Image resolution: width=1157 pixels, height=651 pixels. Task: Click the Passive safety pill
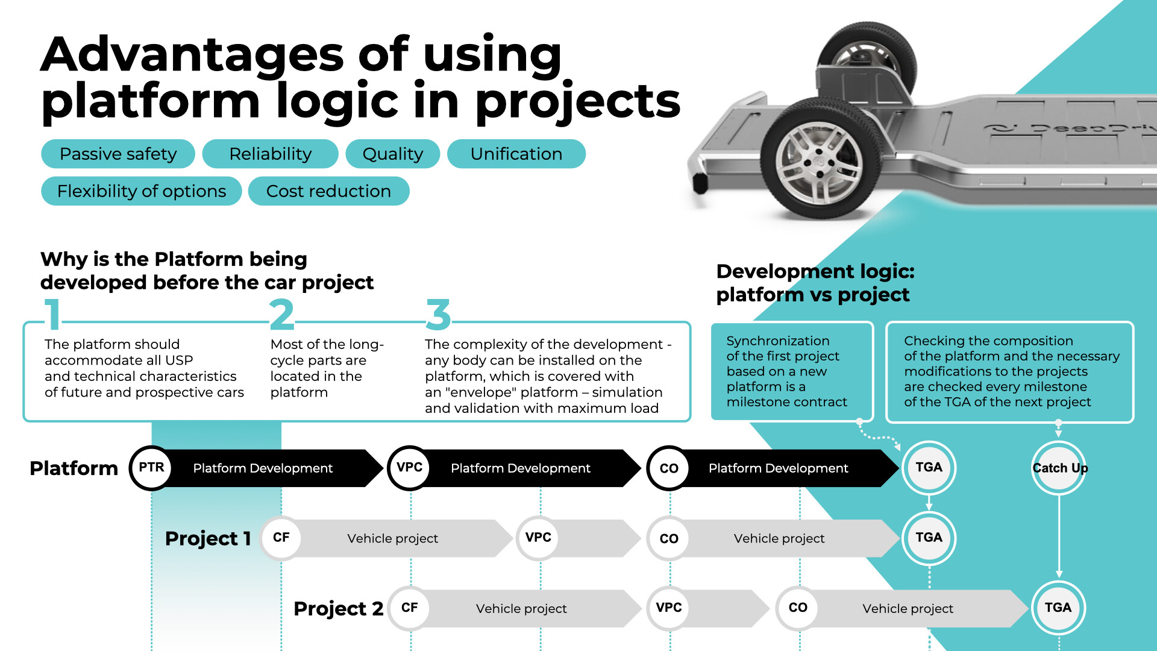click(118, 154)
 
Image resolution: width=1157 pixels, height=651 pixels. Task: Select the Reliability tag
click(270, 154)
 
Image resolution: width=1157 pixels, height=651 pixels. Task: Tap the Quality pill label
click(392, 154)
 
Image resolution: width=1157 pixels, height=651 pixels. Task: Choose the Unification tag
click(516, 154)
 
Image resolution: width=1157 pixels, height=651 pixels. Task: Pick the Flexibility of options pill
click(141, 191)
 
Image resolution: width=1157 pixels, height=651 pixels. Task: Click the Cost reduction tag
click(328, 191)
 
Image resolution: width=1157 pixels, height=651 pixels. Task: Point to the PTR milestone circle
click(151, 468)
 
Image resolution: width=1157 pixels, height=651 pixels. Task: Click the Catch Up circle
click(1059, 468)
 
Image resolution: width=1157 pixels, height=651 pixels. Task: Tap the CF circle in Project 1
click(281, 538)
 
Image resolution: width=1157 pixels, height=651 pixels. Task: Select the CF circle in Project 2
click(409, 608)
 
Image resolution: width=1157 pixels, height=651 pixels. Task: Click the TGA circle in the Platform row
click(929, 468)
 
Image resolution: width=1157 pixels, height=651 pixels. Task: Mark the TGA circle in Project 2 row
click(1058, 608)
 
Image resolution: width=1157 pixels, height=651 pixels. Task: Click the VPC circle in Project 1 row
click(538, 538)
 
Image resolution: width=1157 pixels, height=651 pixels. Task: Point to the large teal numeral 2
click(281, 315)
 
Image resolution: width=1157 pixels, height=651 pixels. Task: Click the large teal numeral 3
click(438, 315)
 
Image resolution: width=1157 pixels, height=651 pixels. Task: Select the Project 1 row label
click(208, 538)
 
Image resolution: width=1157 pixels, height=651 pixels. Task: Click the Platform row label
click(74, 468)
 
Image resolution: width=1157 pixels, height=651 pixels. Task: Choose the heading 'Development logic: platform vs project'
click(815, 283)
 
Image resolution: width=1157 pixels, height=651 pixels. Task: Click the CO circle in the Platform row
click(669, 468)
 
